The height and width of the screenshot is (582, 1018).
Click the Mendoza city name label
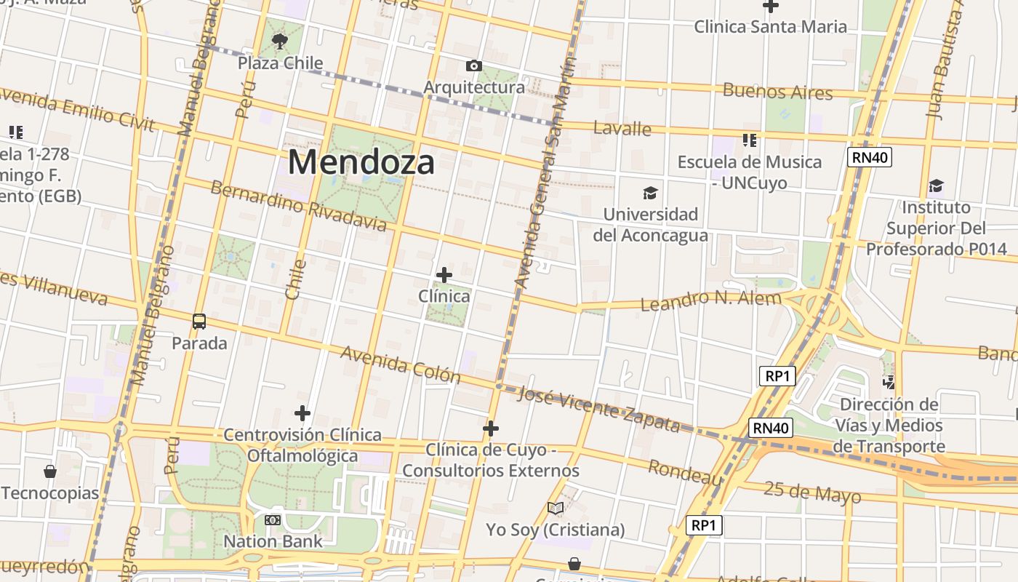pos(361,162)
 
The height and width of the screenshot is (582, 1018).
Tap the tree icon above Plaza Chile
pos(279,41)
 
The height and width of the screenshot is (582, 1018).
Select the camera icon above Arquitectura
pos(473,66)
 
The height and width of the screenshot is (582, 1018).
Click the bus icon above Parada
pos(199,321)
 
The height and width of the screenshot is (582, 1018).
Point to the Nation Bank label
pos(273,541)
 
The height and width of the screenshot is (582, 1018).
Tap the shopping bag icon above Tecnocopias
pos(50,471)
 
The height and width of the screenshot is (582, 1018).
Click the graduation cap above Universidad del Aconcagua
pos(650,193)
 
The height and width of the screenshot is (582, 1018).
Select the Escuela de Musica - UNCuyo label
pos(750,172)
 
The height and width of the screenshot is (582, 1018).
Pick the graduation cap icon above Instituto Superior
pos(936,186)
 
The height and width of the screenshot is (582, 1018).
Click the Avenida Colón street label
pos(400,364)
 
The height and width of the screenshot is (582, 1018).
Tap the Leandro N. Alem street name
pos(710,299)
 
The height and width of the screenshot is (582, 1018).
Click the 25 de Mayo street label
pos(812,493)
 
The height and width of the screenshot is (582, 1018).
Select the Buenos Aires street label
pos(777,92)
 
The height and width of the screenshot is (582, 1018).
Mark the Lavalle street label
pos(622,129)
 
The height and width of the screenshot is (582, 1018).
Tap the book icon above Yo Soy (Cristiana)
pos(556,508)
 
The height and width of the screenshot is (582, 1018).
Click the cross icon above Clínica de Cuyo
pos(491,428)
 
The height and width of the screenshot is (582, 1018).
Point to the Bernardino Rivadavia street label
pos(298,206)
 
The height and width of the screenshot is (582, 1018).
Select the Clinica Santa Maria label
pos(770,27)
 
